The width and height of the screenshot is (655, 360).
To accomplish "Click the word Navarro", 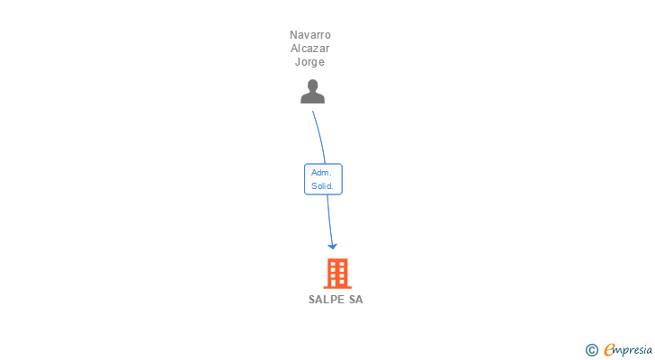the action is [x=310, y=35].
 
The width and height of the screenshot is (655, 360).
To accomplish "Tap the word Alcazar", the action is [x=310, y=49].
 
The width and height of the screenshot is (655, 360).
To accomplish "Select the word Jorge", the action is [x=310, y=62].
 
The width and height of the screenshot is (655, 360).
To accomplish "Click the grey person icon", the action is [x=312, y=92].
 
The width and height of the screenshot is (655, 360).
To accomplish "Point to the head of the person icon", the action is [x=312, y=86].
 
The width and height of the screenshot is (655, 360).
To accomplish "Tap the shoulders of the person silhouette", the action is [x=312, y=98].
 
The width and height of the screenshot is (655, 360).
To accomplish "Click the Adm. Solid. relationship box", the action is [x=323, y=179].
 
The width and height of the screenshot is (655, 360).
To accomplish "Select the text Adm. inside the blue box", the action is [x=321, y=173].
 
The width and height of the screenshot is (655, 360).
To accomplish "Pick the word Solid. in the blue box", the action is [x=323, y=186].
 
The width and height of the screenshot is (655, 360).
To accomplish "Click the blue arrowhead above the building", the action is [x=332, y=245].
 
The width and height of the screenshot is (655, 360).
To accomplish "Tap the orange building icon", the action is [x=336, y=273].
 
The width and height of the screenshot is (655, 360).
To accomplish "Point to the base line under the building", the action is [x=336, y=286].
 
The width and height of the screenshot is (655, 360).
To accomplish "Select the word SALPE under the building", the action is [x=327, y=300].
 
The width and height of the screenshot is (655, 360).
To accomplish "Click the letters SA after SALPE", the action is [x=356, y=300].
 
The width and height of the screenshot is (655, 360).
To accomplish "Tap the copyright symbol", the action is [x=592, y=349].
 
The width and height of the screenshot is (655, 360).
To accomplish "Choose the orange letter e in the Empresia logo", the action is [x=610, y=349].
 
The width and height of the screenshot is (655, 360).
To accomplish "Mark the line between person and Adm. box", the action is [x=319, y=135].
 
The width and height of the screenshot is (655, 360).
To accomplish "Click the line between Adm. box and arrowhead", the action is [x=329, y=219].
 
